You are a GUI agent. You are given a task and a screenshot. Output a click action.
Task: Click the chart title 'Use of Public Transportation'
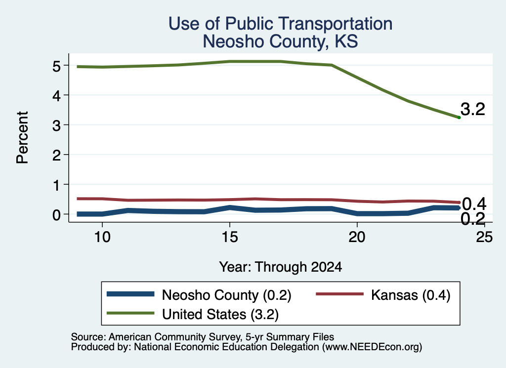pos(281,24)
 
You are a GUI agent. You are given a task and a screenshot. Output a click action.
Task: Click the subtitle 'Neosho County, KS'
pos(281,41)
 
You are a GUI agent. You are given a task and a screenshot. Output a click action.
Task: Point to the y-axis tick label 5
pos(56,66)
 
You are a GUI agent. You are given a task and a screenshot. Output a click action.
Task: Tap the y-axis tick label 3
pos(56,125)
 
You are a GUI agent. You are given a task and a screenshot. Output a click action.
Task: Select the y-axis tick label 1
pos(57,185)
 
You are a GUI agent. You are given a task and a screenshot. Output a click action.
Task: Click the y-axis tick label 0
pos(56,215)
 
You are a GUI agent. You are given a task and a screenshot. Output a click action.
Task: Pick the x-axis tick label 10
pos(102,237)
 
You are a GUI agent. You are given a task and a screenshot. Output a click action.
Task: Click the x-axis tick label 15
pos(230,237)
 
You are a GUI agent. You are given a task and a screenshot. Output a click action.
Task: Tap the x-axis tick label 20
pos(357,237)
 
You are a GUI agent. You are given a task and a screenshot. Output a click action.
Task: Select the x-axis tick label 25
pos(484,237)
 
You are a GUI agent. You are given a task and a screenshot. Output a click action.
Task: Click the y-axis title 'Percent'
pos(23,138)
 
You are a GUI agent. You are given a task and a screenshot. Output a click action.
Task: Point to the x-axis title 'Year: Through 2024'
pos(281,267)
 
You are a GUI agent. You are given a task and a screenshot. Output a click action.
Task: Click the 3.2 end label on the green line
pos(473,109)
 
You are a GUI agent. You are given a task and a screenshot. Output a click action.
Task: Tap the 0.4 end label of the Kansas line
pos(474,204)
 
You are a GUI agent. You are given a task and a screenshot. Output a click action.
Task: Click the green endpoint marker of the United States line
pos(459,118)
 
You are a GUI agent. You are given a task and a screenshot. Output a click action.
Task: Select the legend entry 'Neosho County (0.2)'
pos(199,295)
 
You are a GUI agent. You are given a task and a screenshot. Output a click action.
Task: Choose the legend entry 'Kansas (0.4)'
pos(383,295)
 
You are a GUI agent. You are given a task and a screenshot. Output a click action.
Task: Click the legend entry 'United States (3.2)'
pos(193,314)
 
